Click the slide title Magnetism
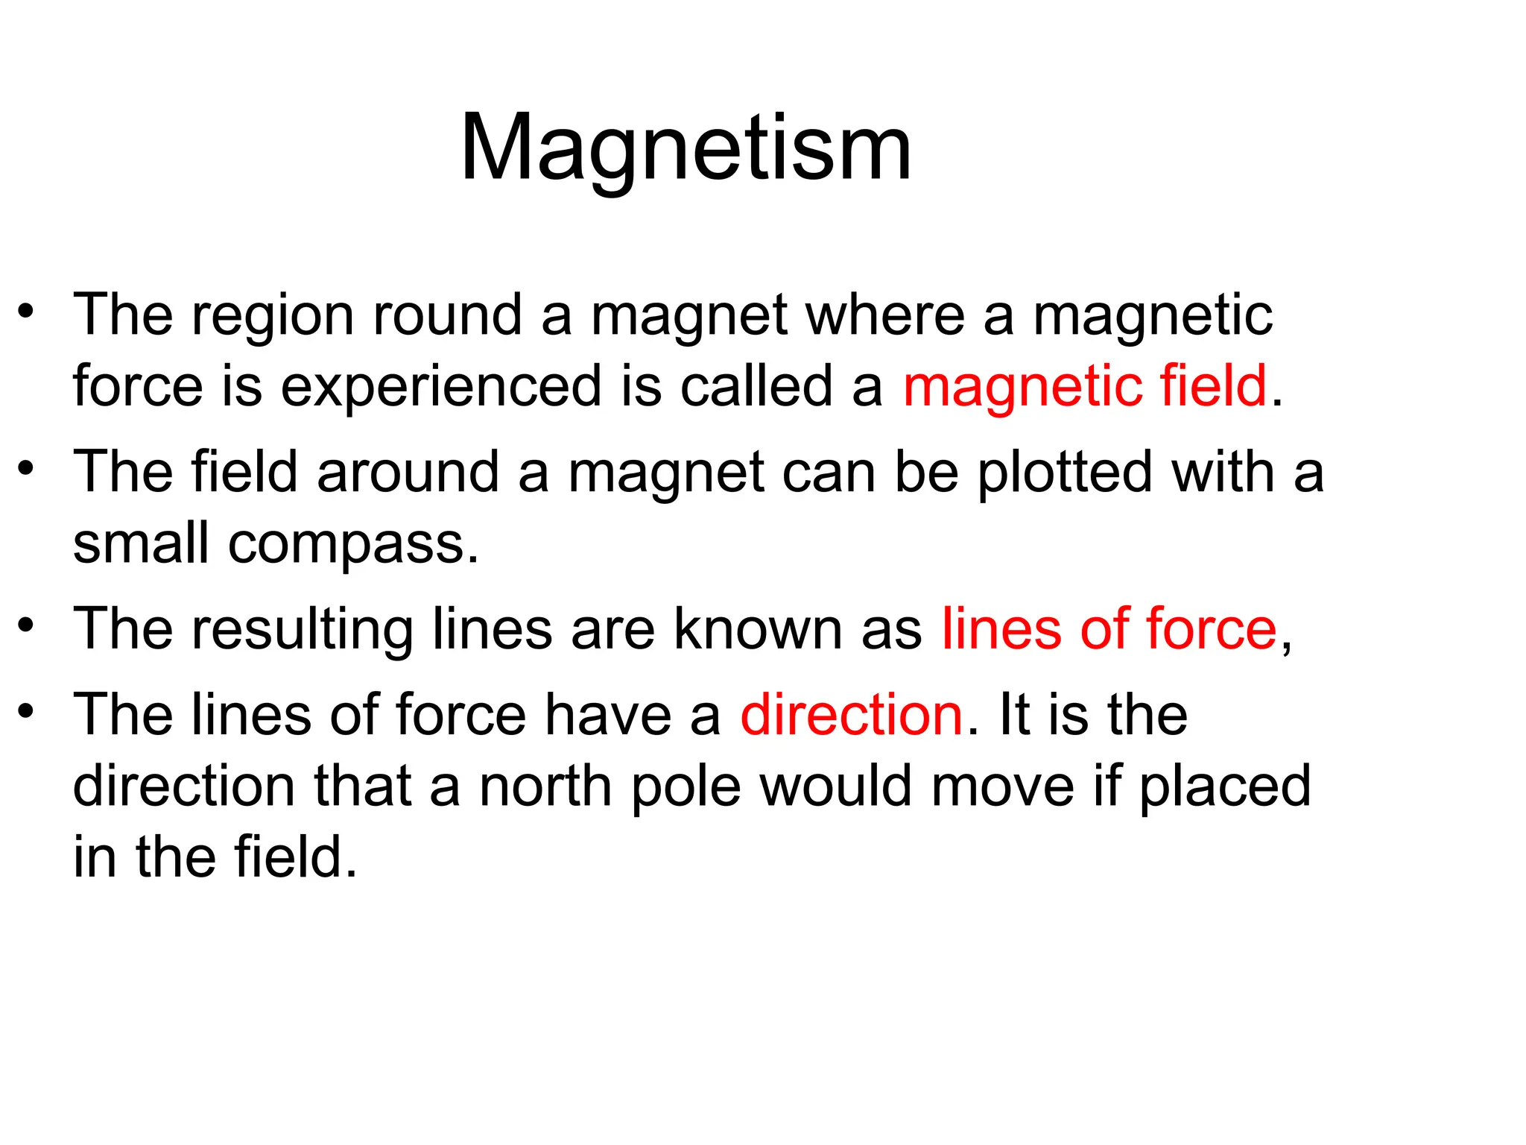(x=686, y=148)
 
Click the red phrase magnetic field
(x=1084, y=386)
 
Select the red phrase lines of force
(x=1109, y=628)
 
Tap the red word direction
(x=851, y=714)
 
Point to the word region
(x=272, y=317)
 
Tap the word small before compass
(x=141, y=543)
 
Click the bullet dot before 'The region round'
(x=27, y=312)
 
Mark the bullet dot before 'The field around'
(x=27, y=468)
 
